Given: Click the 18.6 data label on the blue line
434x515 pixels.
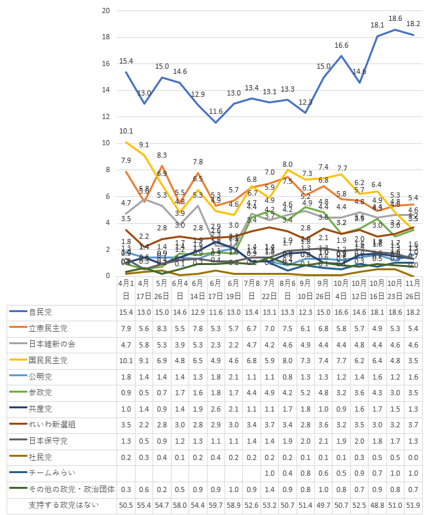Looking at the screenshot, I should click(395, 18).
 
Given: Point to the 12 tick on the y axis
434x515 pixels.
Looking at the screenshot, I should click(105, 116).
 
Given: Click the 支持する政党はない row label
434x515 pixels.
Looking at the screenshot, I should click(63, 505).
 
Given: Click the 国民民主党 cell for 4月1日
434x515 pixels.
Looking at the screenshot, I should click(126, 360).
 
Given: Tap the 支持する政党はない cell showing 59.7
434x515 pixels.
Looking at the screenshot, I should click(215, 505).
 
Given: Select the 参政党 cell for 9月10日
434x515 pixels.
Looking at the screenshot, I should click(305, 392).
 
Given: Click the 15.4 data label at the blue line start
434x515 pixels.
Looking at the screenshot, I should click(126, 61).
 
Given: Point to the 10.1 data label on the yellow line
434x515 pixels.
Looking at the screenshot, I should click(126, 131).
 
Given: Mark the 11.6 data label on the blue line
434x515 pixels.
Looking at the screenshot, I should click(215, 112).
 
